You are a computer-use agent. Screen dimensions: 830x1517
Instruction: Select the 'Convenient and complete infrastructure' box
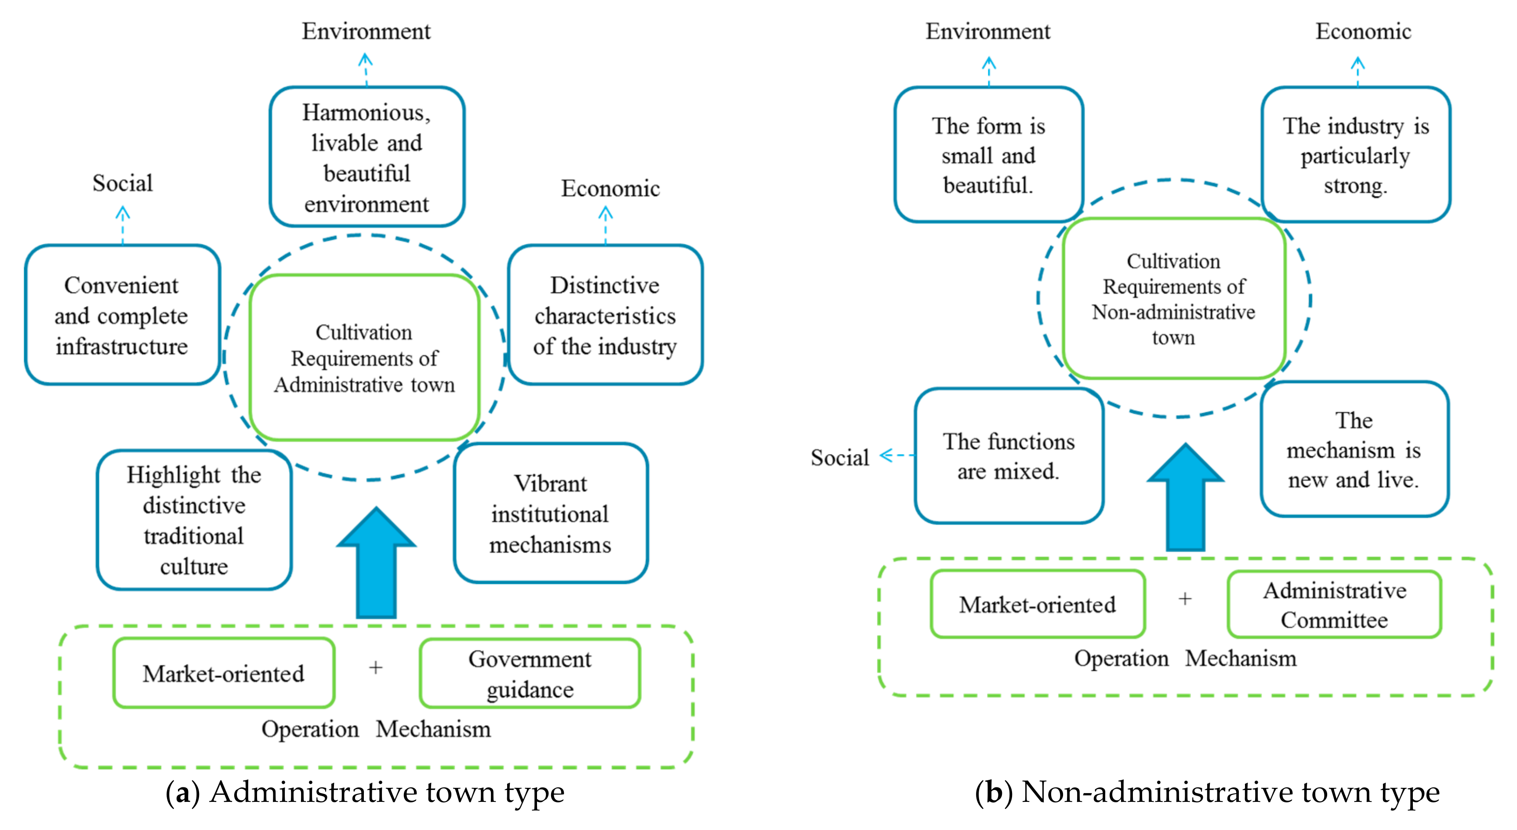122,315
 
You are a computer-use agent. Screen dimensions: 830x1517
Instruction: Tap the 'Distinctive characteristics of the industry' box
606,315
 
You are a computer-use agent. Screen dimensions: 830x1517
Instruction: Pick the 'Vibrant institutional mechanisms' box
551,513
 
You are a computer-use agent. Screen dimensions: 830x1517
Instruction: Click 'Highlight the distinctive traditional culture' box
194,520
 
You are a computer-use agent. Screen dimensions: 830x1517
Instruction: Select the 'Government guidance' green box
530,673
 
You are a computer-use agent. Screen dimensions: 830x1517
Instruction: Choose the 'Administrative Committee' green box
1335,604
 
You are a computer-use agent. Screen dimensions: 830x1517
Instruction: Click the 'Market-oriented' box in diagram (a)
224,673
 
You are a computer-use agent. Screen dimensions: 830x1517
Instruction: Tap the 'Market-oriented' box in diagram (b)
1038,604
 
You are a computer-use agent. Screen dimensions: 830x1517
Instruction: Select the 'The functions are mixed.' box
1009,456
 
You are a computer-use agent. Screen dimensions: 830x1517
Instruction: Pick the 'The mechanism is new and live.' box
1354,449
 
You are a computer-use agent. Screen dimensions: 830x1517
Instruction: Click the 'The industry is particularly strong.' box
1356,155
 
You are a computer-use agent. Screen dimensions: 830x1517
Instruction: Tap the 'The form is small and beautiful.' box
988,155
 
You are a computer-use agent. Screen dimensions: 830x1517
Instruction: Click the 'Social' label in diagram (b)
840,458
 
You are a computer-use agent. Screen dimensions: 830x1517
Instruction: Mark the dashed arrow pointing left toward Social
897,455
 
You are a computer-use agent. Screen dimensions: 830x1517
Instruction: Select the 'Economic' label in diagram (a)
610,189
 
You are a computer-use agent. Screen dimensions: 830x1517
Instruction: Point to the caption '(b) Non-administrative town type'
1207,792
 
